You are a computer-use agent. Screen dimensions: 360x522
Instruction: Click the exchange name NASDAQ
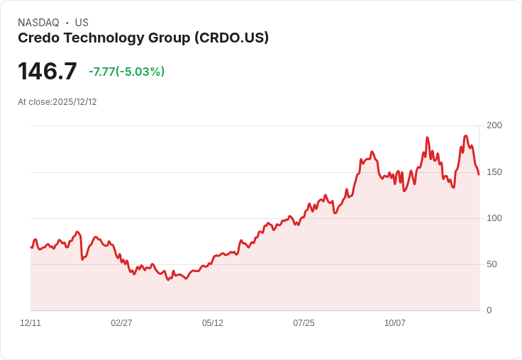click(38, 23)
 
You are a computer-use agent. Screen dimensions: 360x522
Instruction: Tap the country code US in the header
click(82, 23)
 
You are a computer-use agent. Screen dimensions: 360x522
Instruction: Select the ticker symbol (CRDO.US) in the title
click(231, 38)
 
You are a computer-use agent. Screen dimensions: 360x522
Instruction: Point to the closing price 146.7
click(47, 72)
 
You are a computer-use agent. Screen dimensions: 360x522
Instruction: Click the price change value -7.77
click(102, 72)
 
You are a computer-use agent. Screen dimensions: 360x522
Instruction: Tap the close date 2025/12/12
click(74, 102)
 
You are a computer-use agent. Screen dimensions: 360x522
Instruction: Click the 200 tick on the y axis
click(494, 125)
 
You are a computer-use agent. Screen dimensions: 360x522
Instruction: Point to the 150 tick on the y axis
click(494, 171)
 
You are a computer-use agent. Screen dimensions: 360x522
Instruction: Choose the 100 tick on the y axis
click(494, 218)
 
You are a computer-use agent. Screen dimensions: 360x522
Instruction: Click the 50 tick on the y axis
click(491, 264)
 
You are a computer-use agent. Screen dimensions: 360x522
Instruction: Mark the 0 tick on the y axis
click(489, 310)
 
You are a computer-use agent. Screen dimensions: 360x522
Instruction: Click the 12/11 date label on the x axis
click(30, 323)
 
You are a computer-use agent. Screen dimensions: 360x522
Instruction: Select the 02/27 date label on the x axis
click(121, 323)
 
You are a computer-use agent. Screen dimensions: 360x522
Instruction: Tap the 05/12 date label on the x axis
click(213, 323)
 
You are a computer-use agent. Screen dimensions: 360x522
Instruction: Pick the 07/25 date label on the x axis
click(304, 323)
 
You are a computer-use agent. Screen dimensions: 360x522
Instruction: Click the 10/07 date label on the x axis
click(395, 323)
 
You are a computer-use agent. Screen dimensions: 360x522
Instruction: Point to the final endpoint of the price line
click(479, 174)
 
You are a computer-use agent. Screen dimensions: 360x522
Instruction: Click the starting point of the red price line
click(31, 247)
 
